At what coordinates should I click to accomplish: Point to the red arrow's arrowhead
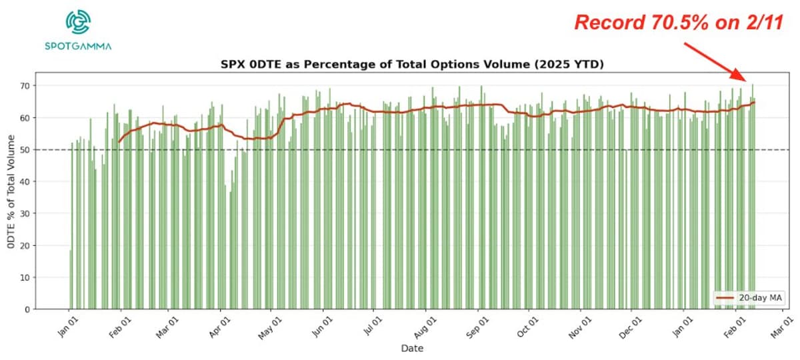pyautogui.click(x=747, y=79)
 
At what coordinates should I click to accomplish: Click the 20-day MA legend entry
pyautogui.click(x=741, y=298)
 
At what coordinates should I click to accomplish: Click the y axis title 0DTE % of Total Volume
pyautogui.click(x=11, y=192)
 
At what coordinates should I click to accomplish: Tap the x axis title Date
pyautogui.click(x=411, y=349)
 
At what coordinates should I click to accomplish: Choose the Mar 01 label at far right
pyautogui.click(x=781, y=327)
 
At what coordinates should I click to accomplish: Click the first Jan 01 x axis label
pyautogui.click(x=67, y=327)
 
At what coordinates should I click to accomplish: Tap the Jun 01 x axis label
pyautogui.click(x=321, y=327)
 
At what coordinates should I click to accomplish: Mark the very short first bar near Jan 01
pyautogui.click(x=71, y=280)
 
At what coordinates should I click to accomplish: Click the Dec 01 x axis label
pyautogui.click(x=629, y=327)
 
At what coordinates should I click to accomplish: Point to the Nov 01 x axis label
pyautogui.click(x=579, y=327)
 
